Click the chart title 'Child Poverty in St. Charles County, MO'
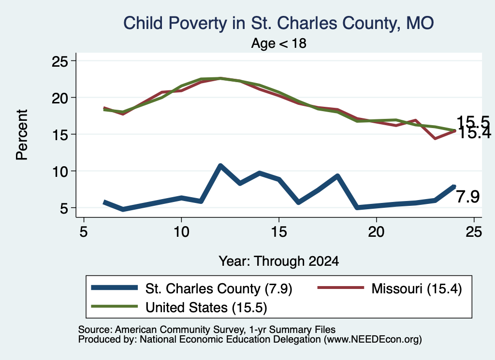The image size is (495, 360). [x=278, y=23]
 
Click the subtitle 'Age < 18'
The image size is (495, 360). [x=279, y=43]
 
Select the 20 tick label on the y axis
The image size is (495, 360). [x=60, y=98]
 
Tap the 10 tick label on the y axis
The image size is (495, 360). [x=60, y=172]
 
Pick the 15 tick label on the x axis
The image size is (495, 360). [x=279, y=231]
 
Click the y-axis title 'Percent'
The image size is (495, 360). [x=22, y=135]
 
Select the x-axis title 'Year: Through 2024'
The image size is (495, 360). [x=279, y=261]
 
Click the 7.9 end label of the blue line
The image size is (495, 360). [x=468, y=197]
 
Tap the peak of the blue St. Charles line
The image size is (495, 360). [x=220, y=165]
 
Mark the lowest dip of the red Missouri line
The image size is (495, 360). [x=436, y=138]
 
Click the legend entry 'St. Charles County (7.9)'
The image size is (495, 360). [x=219, y=288]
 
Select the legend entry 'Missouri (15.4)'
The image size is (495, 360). [x=417, y=288]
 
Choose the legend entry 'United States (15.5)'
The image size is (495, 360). [x=206, y=307]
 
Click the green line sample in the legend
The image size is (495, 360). [x=114, y=306]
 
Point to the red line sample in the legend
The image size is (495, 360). [x=341, y=287]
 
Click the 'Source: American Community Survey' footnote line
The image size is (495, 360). [x=207, y=330]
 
